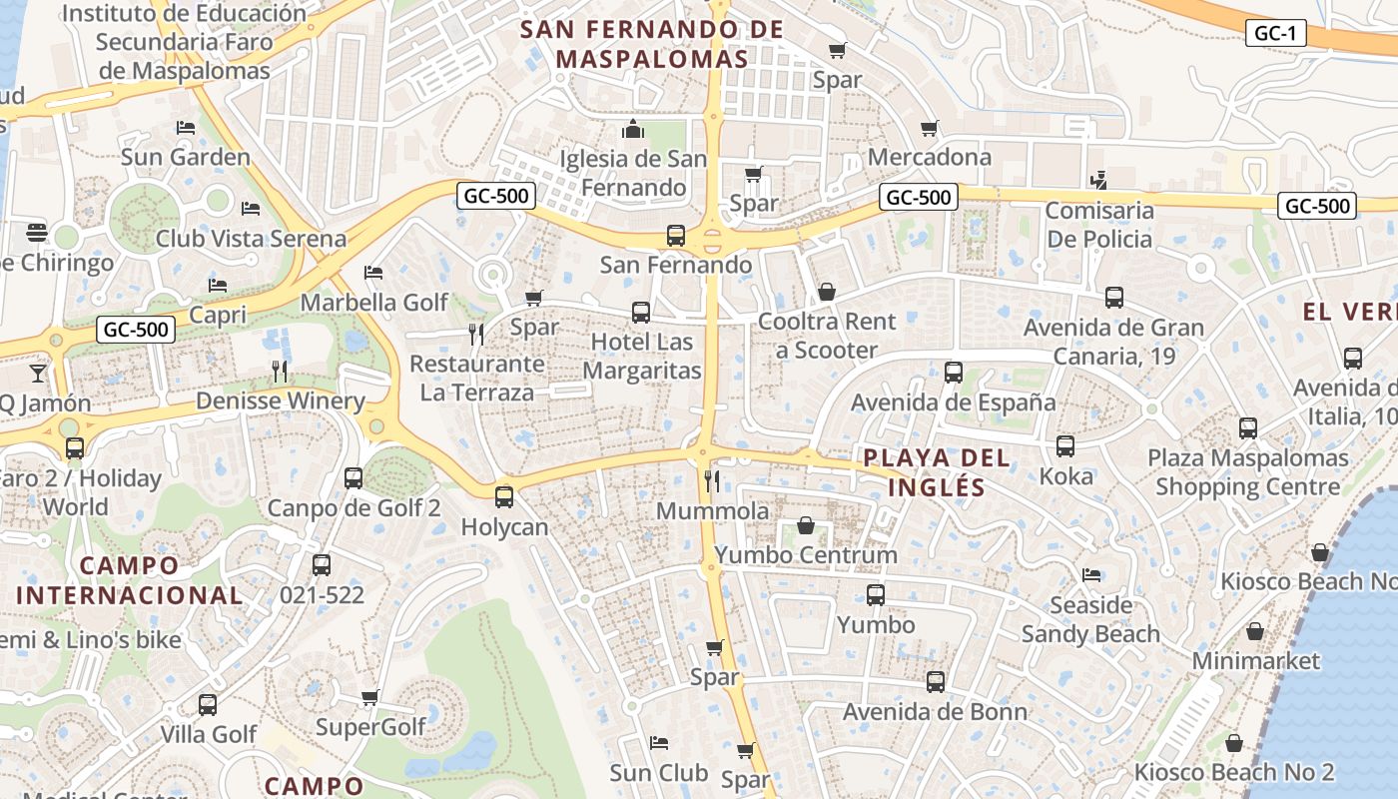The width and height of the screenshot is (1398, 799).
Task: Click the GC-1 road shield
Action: pos(1275,33)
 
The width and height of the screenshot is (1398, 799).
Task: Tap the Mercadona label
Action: pos(929,157)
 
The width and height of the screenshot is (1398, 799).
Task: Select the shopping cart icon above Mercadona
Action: pos(929,128)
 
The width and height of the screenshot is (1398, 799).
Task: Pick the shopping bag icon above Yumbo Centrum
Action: pos(806,525)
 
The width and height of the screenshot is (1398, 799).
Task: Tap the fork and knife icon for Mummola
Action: pos(712,481)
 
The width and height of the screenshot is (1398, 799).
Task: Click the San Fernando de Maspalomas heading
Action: pos(652,44)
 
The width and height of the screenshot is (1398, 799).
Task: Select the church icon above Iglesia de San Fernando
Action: pos(632,129)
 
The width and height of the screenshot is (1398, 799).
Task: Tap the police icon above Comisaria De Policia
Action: pos(1098,181)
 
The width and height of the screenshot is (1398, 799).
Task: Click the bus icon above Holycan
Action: pos(504,496)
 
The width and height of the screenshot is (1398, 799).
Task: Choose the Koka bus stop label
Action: pos(1065,475)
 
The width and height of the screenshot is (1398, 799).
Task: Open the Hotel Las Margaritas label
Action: pos(642,356)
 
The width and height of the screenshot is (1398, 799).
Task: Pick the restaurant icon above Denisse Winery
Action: pos(280,372)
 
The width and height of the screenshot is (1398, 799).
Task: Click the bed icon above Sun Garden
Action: pos(186,128)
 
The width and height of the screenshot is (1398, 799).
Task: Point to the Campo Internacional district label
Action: pos(129,580)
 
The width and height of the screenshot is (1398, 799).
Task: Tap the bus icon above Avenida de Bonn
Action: pos(935,682)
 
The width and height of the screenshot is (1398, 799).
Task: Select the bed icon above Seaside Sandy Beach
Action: pos(1091,575)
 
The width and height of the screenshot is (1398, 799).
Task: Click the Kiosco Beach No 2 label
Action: pos(1233,772)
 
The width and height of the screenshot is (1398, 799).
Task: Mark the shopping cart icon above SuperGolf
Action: pos(370,698)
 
